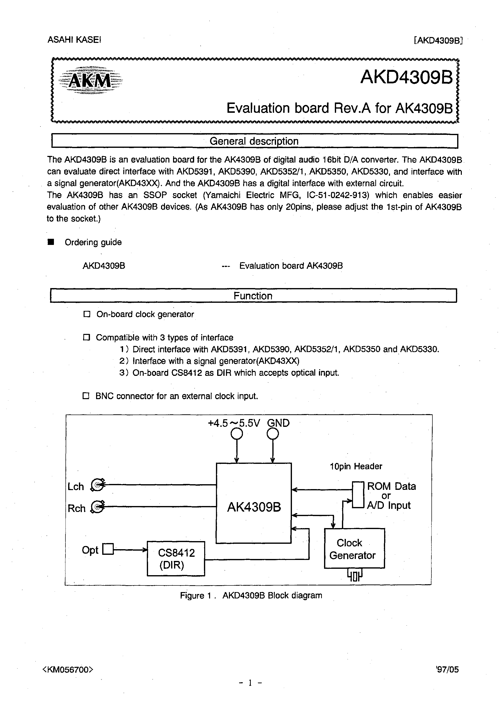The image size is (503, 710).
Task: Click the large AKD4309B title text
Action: pos(406,77)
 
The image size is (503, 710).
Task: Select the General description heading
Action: pos(254,141)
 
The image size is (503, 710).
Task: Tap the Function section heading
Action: pos(253,296)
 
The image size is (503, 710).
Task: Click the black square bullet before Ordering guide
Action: pos(51,242)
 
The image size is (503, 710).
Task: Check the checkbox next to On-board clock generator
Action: pos(87,314)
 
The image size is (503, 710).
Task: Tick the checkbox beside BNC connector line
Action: pos(86,396)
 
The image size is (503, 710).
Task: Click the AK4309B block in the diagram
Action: pos(254,503)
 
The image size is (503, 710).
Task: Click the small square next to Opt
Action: pos(108,549)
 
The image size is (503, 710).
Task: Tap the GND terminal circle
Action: pos(273,434)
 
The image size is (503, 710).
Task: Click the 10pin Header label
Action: pos(356,466)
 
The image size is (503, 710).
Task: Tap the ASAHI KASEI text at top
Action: pos(74,40)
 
